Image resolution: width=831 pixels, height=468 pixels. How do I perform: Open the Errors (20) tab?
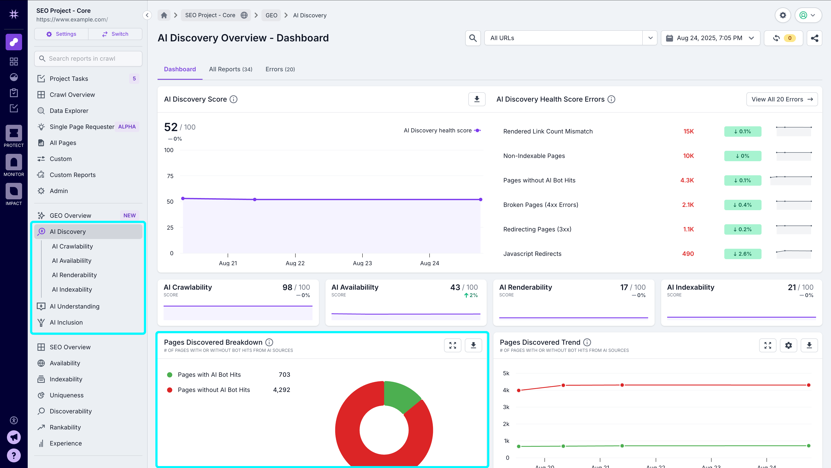[280, 69]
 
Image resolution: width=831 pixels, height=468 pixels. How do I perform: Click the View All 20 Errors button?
[782, 99]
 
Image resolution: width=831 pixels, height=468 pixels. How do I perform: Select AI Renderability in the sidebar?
[74, 275]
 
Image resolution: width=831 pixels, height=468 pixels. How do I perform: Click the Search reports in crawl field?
[88, 58]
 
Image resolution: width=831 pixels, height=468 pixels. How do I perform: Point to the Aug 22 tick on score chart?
[295, 263]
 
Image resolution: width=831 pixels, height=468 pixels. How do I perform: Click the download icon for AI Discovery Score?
[477, 99]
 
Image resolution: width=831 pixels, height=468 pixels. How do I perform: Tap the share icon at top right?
[814, 38]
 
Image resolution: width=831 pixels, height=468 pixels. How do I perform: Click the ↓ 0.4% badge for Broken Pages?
[742, 205]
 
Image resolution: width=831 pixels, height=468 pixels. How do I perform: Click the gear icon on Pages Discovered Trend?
[788, 345]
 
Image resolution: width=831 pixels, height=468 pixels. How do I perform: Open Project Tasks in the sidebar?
[69, 78]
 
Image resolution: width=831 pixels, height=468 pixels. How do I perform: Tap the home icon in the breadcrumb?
[164, 15]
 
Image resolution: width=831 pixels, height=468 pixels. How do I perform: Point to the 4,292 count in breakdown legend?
[281, 390]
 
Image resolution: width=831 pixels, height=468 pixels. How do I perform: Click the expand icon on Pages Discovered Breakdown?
[452, 345]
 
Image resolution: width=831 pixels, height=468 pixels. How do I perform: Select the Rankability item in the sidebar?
[65, 427]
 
